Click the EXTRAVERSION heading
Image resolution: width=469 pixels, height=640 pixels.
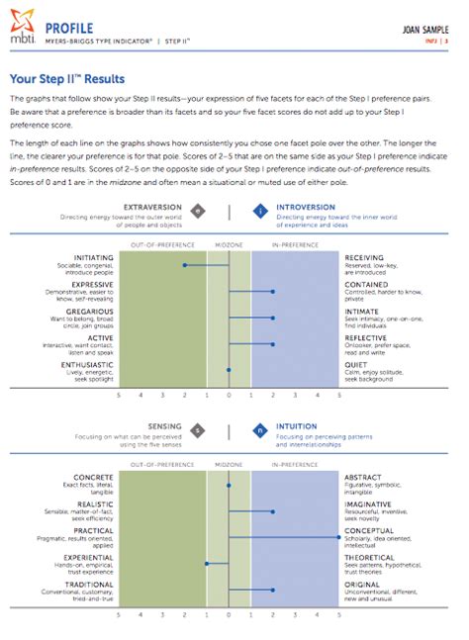coord(153,208)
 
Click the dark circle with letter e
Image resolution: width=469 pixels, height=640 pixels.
coord(199,211)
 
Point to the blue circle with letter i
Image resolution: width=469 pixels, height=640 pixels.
coord(259,211)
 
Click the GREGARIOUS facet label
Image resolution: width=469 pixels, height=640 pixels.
coord(88,310)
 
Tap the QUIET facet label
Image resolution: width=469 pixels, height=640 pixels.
coord(355,363)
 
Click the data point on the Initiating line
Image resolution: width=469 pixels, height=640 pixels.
coord(184,265)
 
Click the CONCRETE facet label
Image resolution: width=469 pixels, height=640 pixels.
coord(93,478)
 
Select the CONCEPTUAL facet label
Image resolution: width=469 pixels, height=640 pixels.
coord(370,530)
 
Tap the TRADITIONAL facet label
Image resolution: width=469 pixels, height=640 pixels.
coord(89,584)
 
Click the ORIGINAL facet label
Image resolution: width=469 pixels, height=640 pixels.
coord(361,584)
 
